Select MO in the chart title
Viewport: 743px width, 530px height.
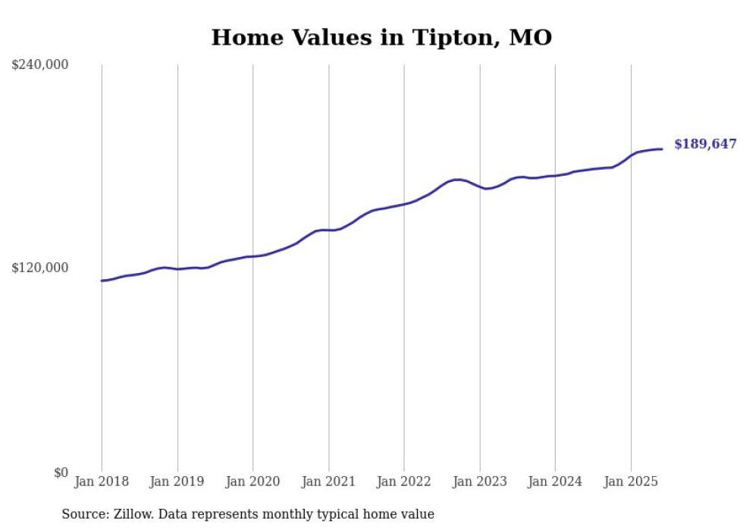[530, 37]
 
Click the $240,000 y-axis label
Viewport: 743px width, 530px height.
[40, 65]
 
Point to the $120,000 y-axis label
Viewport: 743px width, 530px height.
[40, 268]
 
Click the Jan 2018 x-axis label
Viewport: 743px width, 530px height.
[102, 481]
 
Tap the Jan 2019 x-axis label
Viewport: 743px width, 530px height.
[177, 481]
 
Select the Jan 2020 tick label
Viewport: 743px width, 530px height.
[253, 481]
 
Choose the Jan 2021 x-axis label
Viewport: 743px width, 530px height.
[328, 481]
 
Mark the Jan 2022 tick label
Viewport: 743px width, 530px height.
[404, 481]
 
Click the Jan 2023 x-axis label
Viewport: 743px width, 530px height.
[480, 481]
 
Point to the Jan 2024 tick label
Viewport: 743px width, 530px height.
[555, 481]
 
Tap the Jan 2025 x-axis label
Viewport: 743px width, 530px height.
[631, 481]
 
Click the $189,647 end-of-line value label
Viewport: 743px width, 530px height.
[705, 144]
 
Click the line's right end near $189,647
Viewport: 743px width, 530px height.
[662, 149]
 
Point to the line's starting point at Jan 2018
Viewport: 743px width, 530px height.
[102, 281]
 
